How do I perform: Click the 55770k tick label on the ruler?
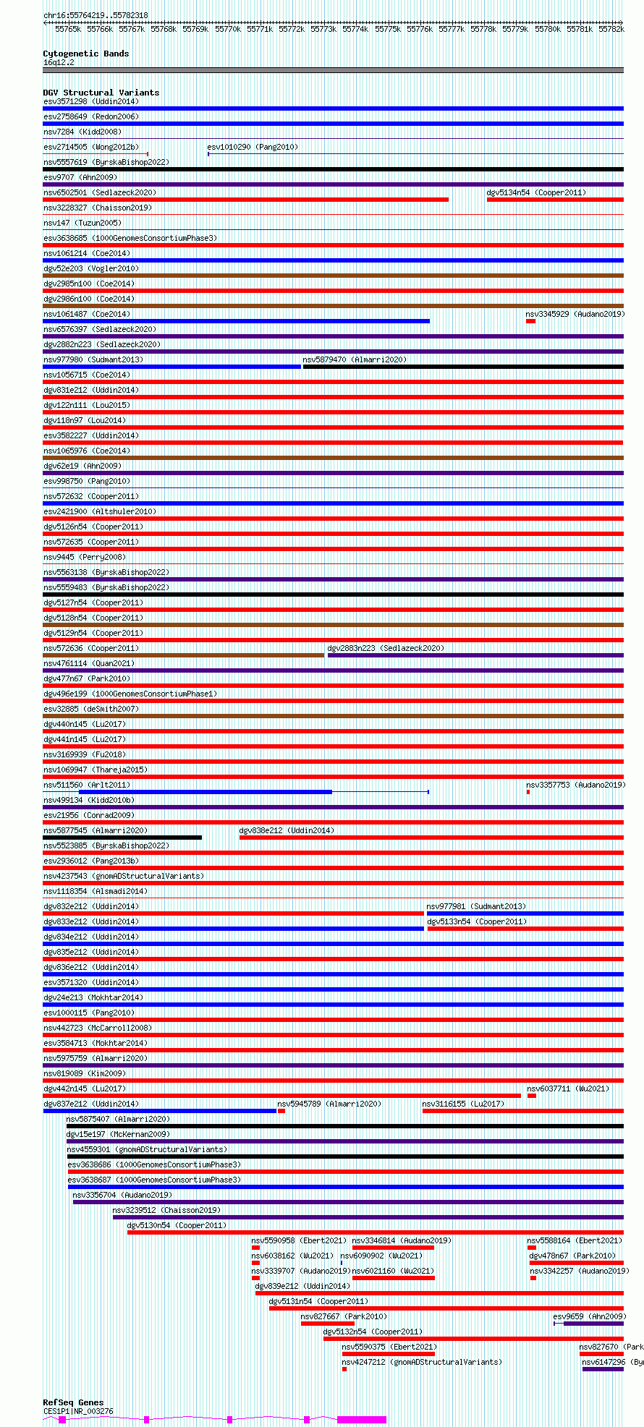(227, 29)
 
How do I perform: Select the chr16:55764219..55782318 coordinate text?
(96, 15)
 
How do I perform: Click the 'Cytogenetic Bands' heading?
(85, 54)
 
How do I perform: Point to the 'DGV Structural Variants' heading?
(101, 93)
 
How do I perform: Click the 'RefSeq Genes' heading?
(73, 1402)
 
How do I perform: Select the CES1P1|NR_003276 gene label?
(78, 1411)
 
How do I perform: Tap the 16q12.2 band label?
(59, 62)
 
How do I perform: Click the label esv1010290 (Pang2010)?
(253, 147)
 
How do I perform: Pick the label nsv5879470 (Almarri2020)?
(355, 359)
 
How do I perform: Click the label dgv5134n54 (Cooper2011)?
(536, 192)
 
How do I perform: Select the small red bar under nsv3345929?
(530, 321)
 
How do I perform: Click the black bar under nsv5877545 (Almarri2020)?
(122, 838)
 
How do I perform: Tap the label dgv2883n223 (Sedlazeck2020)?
(386, 648)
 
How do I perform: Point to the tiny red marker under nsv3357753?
(528, 792)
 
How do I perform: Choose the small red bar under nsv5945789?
(281, 1111)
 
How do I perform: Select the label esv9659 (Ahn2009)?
(589, 1316)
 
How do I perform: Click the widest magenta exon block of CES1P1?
(362, 1420)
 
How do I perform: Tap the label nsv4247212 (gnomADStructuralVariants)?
(421, 1362)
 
